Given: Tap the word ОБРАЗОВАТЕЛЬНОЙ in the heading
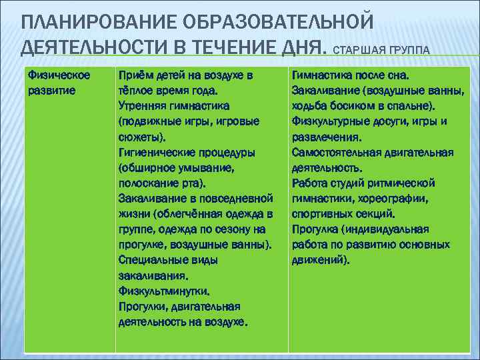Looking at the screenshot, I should click(x=281, y=21).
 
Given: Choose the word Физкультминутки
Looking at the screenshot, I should click(x=163, y=291).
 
